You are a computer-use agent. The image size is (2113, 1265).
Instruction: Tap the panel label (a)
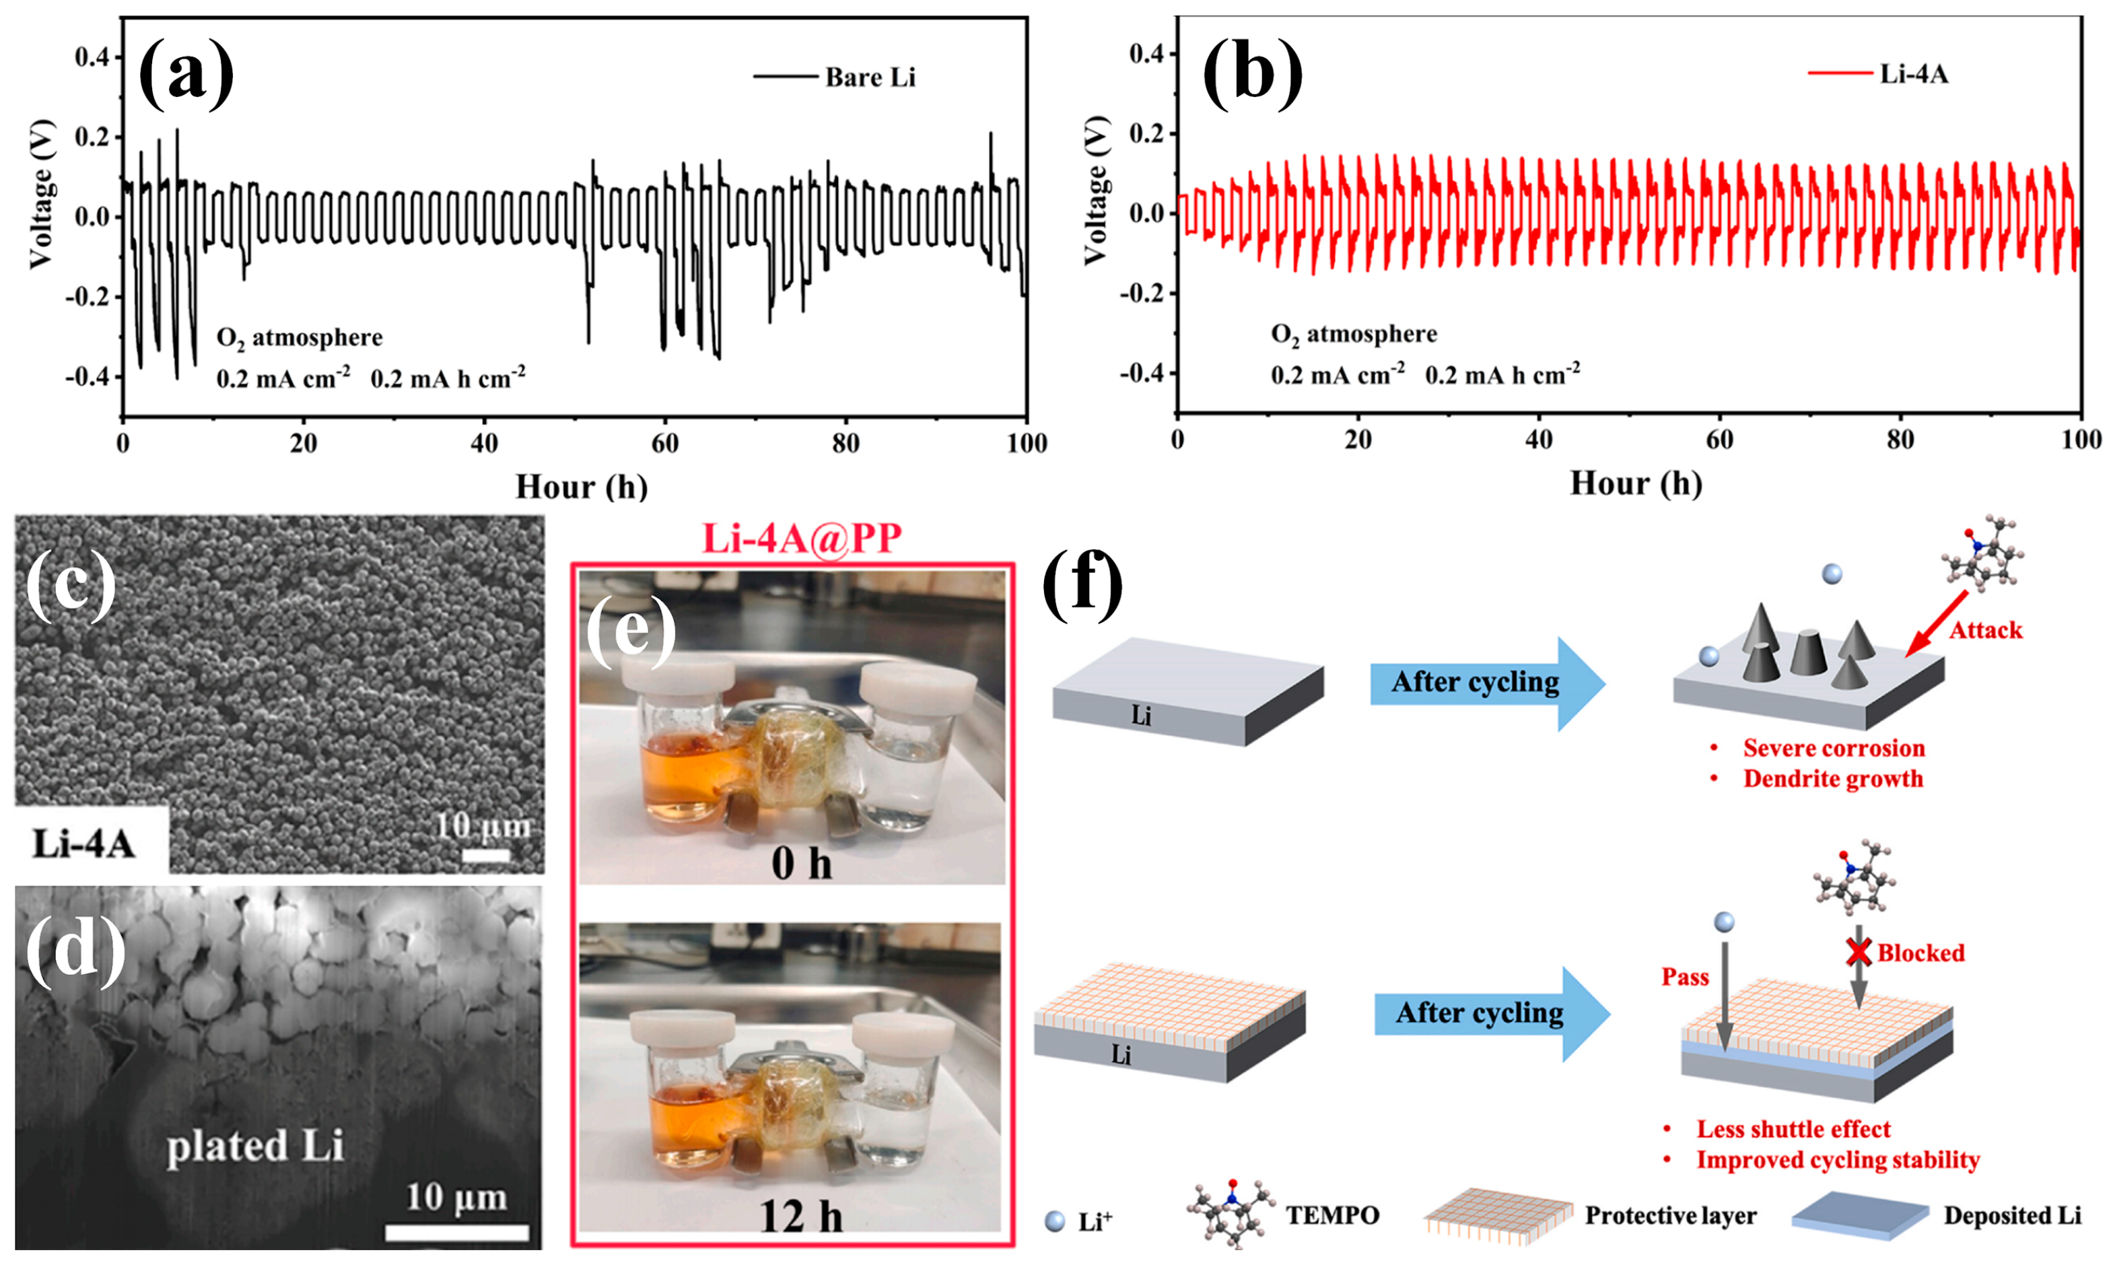pyautogui.click(x=186, y=75)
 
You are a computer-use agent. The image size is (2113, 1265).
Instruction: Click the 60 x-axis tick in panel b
pyautogui.click(x=1719, y=440)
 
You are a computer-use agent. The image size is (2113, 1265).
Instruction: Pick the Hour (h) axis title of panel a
pyautogui.click(x=582, y=487)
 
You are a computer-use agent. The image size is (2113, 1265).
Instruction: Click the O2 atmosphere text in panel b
pyautogui.click(x=1354, y=334)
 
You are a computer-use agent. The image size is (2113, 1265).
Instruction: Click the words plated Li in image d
pyautogui.click(x=255, y=1146)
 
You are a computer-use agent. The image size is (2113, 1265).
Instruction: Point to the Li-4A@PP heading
pyautogui.click(x=801, y=539)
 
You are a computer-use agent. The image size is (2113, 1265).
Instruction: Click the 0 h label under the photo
pyautogui.click(x=801, y=864)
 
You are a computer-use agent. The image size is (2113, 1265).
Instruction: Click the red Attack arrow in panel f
pyautogui.click(x=1937, y=624)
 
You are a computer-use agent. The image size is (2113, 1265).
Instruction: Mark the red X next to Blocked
pyautogui.click(x=1858, y=952)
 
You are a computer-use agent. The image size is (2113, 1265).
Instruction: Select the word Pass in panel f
pyautogui.click(x=1684, y=977)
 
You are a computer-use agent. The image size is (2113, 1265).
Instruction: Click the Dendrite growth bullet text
pyautogui.click(x=1832, y=779)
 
